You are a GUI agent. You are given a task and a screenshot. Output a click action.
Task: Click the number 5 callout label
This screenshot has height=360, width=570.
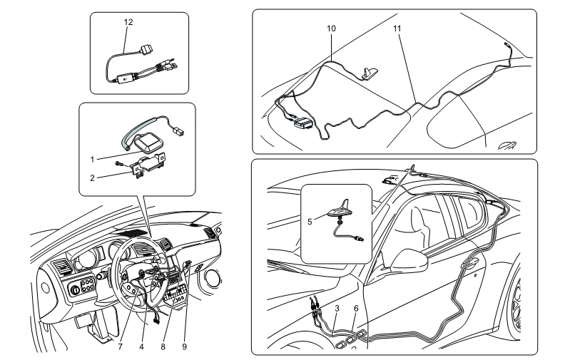[310, 222]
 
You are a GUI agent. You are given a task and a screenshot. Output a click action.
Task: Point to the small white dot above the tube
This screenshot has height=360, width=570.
[126, 79]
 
